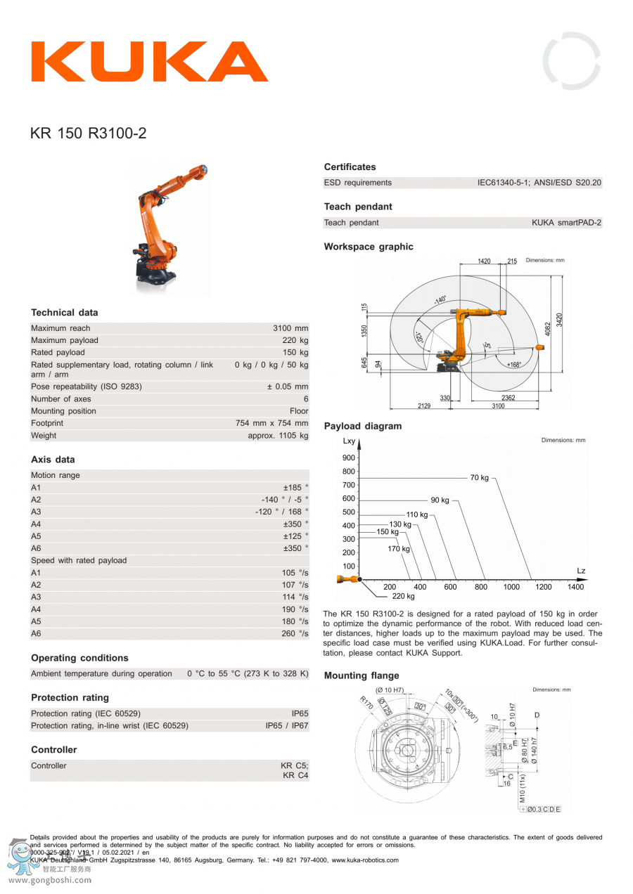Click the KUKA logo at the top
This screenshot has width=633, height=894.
(x=148, y=63)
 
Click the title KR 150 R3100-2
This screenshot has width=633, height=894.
(x=89, y=133)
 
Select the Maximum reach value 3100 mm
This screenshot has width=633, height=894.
(x=290, y=328)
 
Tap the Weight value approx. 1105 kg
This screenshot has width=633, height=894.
(x=278, y=436)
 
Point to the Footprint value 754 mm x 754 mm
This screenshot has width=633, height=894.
(x=271, y=424)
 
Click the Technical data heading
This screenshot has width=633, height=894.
(x=65, y=313)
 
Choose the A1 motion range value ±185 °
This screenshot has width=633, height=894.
(x=295, y=487)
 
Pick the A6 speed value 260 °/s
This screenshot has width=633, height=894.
(x=295, y=634)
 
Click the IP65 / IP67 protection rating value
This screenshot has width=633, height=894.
(x=286, y=725)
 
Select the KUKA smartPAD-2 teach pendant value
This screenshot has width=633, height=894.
(x=566, y=223)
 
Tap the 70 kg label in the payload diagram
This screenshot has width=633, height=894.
(x=479, y=478)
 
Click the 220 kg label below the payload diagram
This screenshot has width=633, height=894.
(x=403, y=596)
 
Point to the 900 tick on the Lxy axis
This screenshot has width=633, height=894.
(x=349, y=458)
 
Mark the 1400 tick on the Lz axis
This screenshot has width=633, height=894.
(x=575, y=587)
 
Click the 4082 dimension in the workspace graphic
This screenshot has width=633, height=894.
(x=549, y=328)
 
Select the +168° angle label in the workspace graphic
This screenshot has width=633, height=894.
(x=514, y=365)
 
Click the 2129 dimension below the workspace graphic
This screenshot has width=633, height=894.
(x=425, y=406)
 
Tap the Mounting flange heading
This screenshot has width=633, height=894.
(x=362, y=676)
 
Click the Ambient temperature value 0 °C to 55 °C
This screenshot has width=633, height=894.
(x=248, y=674)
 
